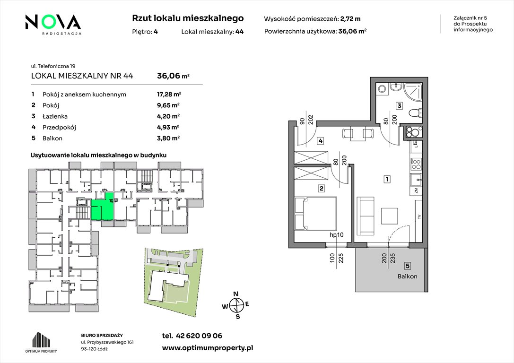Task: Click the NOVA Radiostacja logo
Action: [53, 25]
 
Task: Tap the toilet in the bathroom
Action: [415, 113]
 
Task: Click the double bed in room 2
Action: [315, 214]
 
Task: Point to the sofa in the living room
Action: [365, 216]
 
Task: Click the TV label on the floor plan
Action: [419, 217]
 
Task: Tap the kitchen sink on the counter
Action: [416, 179]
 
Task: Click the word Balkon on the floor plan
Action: [408, 276]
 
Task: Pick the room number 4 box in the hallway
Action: [320, 141]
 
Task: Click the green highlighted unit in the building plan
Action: [103, 207]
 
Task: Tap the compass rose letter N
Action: [235, 294]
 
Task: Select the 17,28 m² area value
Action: [169, 95]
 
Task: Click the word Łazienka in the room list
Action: [55, 116]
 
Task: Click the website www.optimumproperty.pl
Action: [208, 348]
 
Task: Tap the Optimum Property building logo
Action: [41, 342]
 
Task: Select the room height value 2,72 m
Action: [350, 19]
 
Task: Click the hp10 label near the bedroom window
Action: [336, 235]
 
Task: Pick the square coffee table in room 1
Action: [390, 216]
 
